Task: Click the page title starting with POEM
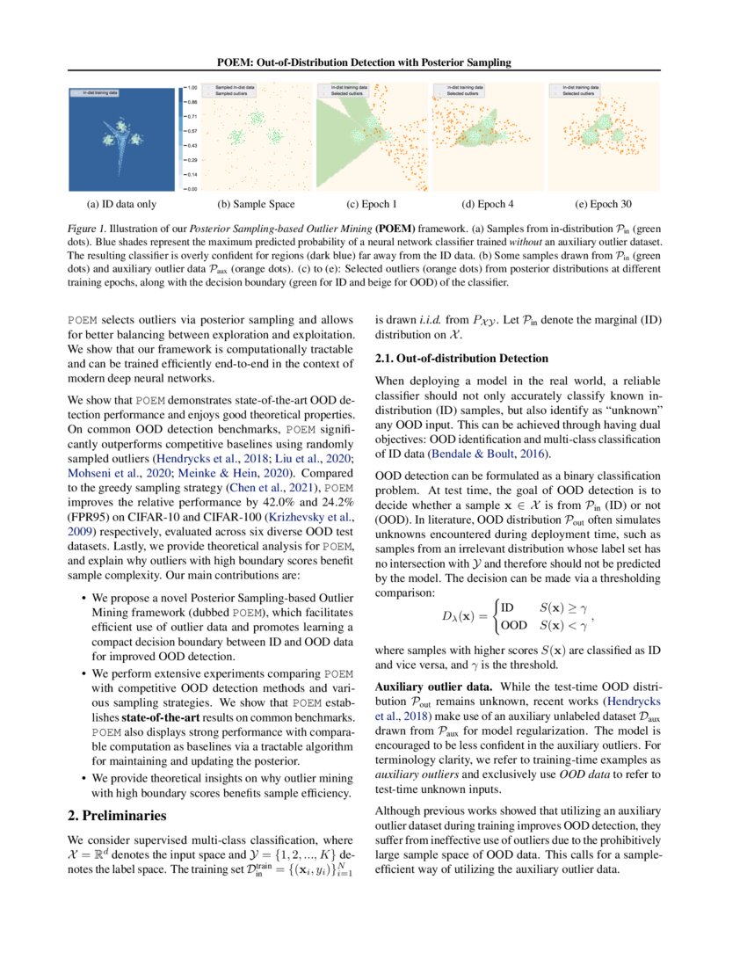tap(373, 62)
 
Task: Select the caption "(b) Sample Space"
tap(244, 205)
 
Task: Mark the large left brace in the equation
tap(494, 615)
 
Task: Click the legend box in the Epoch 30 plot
tap(576, 91)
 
